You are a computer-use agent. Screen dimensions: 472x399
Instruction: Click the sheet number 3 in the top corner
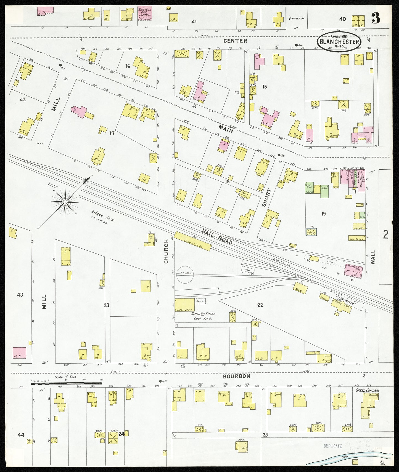tap(376, 18)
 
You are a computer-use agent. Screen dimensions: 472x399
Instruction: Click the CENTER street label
tap(235, 41)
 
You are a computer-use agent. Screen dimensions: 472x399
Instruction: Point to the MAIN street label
tap(226, 129)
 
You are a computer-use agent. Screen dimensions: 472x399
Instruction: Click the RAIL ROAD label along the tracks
tap(217, 237)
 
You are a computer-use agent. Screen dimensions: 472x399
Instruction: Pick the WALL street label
tap(373, 257)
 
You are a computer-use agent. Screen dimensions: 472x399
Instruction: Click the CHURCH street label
tap(166, 251)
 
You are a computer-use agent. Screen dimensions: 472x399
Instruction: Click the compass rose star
tap(65, 202)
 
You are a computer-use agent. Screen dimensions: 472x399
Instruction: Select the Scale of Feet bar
tap(66, 383)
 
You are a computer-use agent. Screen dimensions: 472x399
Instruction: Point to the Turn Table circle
tap(185, 274)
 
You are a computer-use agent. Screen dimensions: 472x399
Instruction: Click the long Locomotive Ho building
tap(193, 241)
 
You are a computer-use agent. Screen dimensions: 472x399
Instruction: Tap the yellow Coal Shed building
tap(184, 305)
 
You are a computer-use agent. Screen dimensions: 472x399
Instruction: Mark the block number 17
tap(112, 133)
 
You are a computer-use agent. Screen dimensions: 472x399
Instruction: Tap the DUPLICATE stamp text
tap(332, 446)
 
